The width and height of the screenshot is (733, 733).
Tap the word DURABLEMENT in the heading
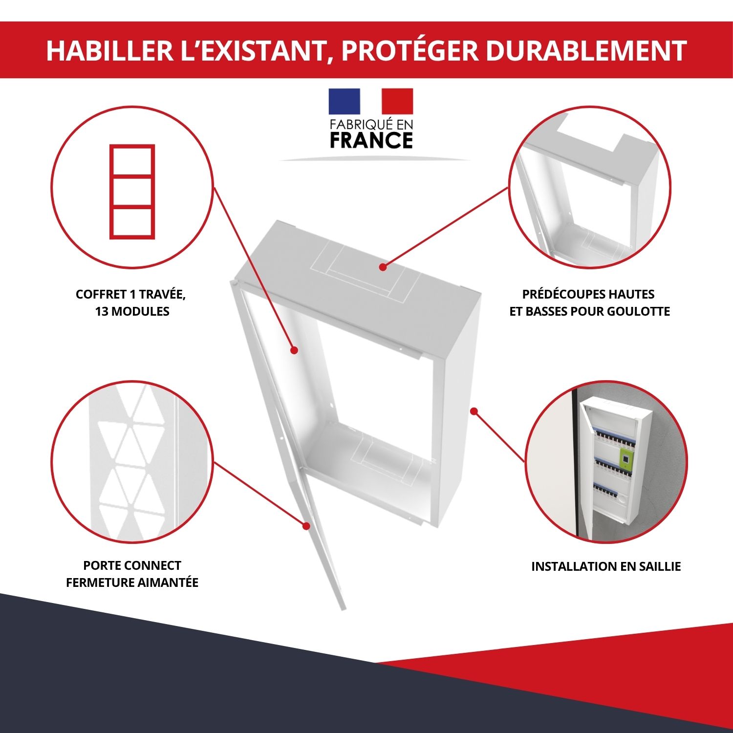coord(586,50)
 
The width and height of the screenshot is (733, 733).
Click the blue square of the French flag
coord(344,101)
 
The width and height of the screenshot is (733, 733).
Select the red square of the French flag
coord(397,101)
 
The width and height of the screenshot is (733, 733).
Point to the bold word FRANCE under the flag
coord(371,141)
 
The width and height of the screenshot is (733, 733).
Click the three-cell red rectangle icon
coord(132,192)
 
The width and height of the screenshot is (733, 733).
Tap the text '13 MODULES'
coord(132,311)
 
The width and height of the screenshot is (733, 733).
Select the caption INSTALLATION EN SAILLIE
coord(606,566)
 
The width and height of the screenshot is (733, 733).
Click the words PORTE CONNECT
coord(132,565)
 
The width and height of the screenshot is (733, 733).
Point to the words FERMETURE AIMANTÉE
coord(132,582)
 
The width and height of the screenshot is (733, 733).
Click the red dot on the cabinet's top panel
coord(383,267)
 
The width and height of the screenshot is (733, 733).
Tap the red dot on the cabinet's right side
coord(474,411)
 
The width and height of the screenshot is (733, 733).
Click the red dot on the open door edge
coord(306,526)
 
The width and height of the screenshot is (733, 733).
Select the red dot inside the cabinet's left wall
coord(294,350)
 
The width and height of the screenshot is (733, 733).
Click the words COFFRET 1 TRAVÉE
coord(131,294)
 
